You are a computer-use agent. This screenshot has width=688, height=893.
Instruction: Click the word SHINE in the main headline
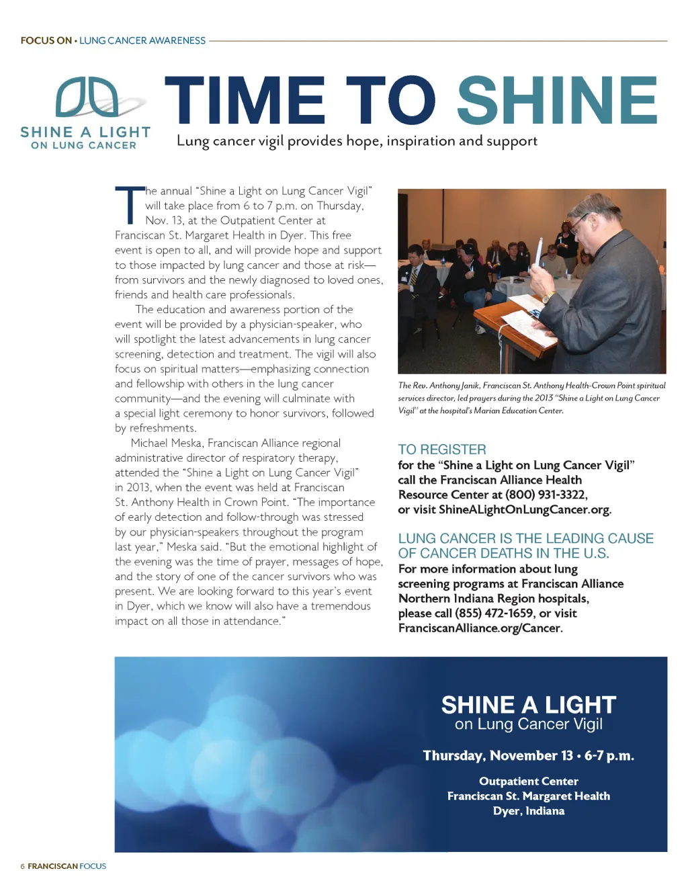pyautogui.click(x=557, y=100)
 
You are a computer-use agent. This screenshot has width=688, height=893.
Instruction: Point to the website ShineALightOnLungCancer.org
pyautogui.click(x=524, y=509)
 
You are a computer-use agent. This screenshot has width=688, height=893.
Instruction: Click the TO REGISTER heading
pyautogui.click(x=441, y=450)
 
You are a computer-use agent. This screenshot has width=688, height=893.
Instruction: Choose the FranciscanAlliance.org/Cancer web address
pyautogui.click(x=480, y=628)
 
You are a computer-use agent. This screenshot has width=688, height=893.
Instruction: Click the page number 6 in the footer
pyautogui.click(x=23, y=866)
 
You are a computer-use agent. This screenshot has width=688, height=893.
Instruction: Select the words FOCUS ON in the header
pyautogui.click(x=46, y=40)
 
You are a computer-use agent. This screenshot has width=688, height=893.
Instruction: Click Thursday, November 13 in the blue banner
pyautogui.click(x=497, y=756)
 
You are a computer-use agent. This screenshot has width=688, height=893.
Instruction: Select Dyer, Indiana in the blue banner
pyautogui.click(x=528, y=811)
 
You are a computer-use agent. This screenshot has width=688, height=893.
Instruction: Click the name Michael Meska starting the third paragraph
pyautogui.click(x=167, y=443)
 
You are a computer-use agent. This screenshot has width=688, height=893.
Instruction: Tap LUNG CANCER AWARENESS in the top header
pyautogui.click(x=142, y=40)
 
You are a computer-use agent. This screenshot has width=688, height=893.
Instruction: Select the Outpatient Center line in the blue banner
pyautogui.click(x=528, y=781)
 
